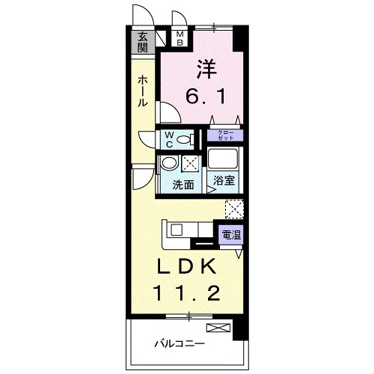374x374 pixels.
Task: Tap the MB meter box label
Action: pos(180,38)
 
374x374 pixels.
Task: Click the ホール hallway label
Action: pos(141,92)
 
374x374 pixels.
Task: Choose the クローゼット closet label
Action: pos(226,136)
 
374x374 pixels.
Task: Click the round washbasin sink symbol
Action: pos(170,163)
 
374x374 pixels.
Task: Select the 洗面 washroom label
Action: pos(183,184)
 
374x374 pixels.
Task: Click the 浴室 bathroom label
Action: pos(224,180)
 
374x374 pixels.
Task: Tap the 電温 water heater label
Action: pos(230,235)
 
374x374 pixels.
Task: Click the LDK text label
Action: pos(187,267)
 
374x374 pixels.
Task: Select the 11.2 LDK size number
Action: pos(187,294)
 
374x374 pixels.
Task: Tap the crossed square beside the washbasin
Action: pos(191,164)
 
